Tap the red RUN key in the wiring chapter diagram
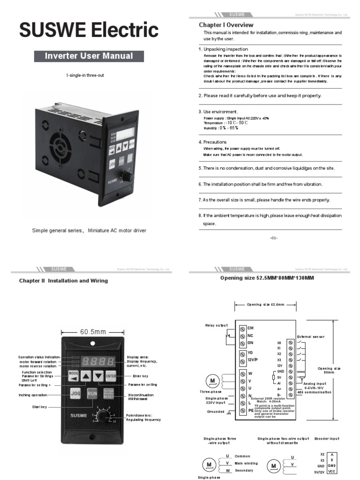coord(92,393)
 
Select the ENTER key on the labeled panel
coord(111,375)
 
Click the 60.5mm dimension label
coord(93,332)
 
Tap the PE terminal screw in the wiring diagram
coord(242,410)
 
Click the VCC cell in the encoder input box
coord(332,471)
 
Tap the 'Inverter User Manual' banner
coord(89,56)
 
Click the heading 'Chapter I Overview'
coord(226,25)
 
